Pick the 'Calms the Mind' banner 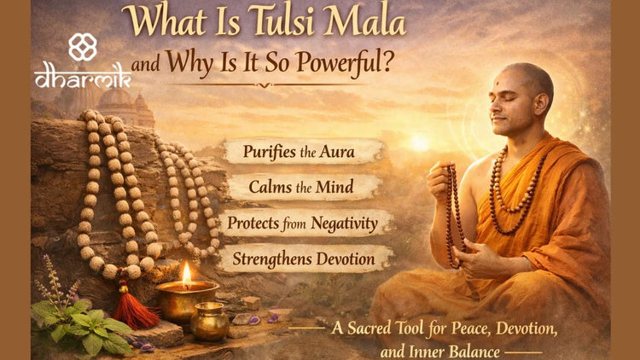(x=303, y=188)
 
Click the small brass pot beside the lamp (x=209, y=322)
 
